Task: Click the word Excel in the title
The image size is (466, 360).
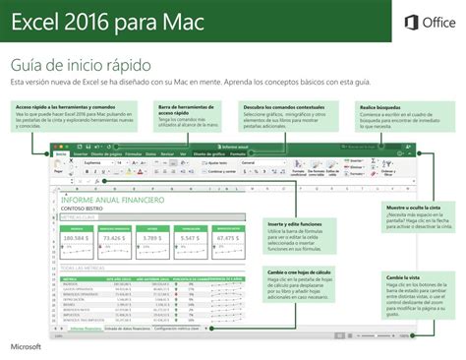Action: coord(39,22)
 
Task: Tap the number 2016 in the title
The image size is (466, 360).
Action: coord(104,22)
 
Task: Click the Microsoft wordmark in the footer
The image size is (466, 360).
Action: coord(29,346)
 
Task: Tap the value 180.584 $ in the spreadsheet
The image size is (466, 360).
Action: coord(76,238)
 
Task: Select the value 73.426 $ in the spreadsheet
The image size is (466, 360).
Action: coord(115,238)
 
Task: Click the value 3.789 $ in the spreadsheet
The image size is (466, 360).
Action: coord(152,238)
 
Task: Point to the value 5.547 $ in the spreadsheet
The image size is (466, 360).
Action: coord(191,238)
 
